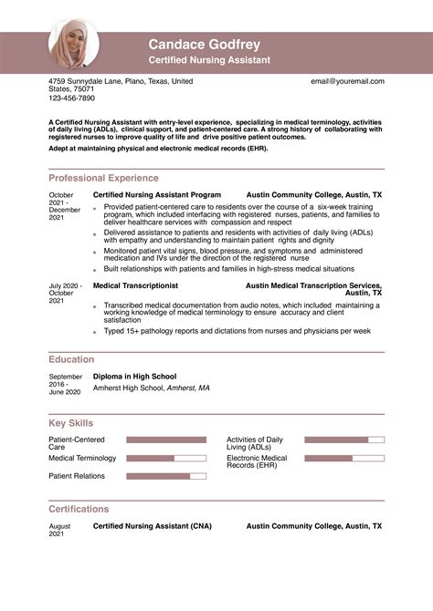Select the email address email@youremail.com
coord(347,81)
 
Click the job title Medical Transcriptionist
coord(137,285)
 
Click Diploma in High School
coord(135,376)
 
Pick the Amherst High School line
coord(151,388)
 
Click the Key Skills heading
coord(70,423)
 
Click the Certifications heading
coord(79,509)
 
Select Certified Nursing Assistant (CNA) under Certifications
coord(152,526)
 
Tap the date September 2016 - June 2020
coord(65,384)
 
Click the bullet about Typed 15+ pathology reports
coord(237,330)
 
